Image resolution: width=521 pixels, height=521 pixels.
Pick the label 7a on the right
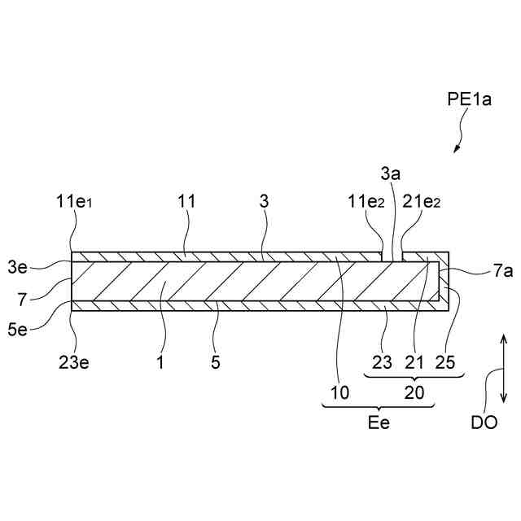pyautogui.click(x=479, y=274)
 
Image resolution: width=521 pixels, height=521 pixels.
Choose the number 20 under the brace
pyautogui.click(x=415, y=393)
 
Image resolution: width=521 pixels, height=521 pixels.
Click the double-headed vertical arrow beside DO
pyautogui.click(x=504, y=370)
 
